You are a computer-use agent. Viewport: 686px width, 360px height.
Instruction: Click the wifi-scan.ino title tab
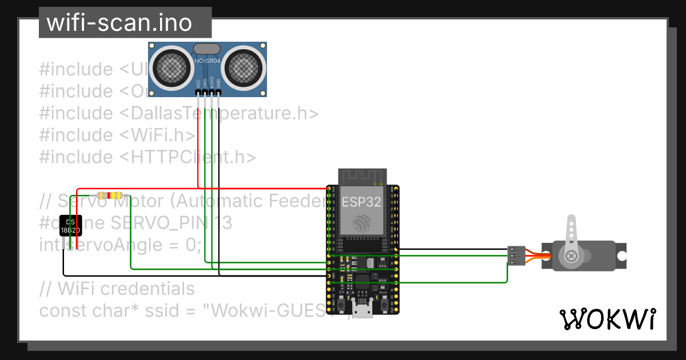pyautogui.click(x=125, y=23)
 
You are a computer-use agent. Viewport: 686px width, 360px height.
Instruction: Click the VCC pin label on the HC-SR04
pyautogui.click(x=198, y=83)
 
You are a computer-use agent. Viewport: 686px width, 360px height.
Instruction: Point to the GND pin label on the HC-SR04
pyautogui.click(x=218, y=83)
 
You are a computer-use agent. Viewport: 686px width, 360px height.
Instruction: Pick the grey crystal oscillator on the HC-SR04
pyautogui.click(x=207, y=49)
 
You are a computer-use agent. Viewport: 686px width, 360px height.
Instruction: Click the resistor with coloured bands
pyautogui.click(x=109, y=195)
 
